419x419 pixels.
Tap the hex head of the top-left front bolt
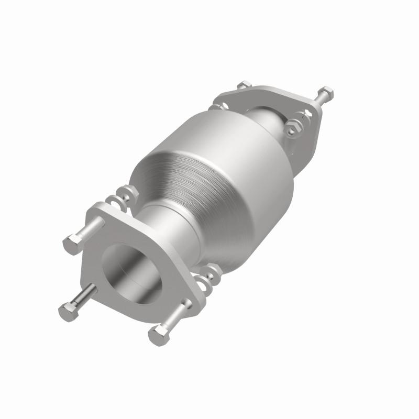(x=72, y=244)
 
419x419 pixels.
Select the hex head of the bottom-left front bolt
(x=68, y=312)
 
